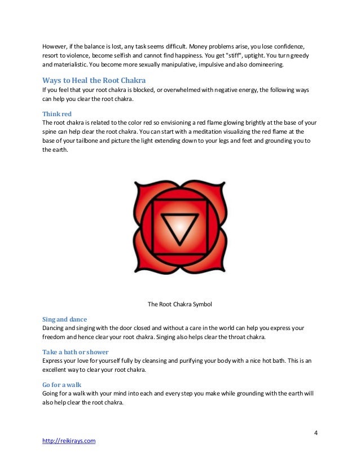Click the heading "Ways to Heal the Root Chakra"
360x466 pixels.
[x=94, y=80]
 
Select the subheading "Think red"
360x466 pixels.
[x=57, y=113]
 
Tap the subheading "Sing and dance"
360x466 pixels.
[x=65, y=319]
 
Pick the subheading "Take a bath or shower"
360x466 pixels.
[x=76, y=351]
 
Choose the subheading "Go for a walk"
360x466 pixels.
[x=62, y=384]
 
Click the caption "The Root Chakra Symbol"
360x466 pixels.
[x=179, y=304]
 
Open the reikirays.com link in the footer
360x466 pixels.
[x=69, y=441]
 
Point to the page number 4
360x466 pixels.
[x=316, y=433]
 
